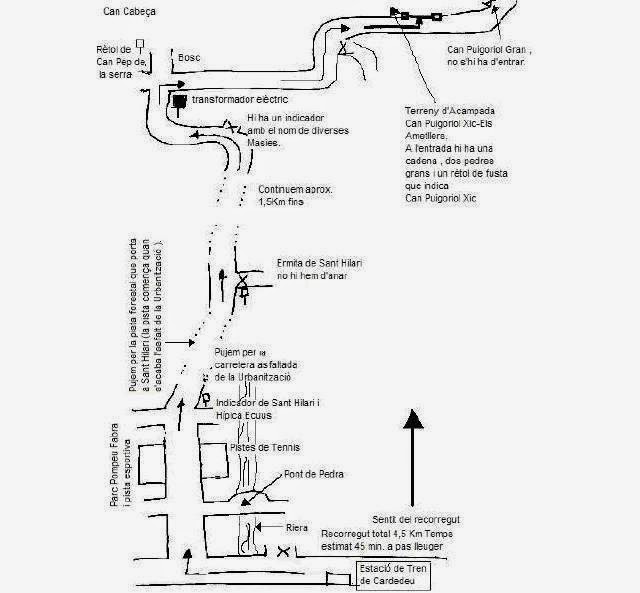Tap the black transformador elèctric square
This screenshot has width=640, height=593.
pos(178,101)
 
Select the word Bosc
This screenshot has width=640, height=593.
pos(189,58)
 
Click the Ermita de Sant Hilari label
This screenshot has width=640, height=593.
pos(319,263)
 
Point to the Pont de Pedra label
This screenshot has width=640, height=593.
pos(314,474)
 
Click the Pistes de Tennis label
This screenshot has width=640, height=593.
pos(265,447)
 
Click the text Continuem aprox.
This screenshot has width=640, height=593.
pos(296,189)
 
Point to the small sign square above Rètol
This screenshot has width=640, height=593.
pos(141,42)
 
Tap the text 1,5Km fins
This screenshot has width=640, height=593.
pos(279,202)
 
